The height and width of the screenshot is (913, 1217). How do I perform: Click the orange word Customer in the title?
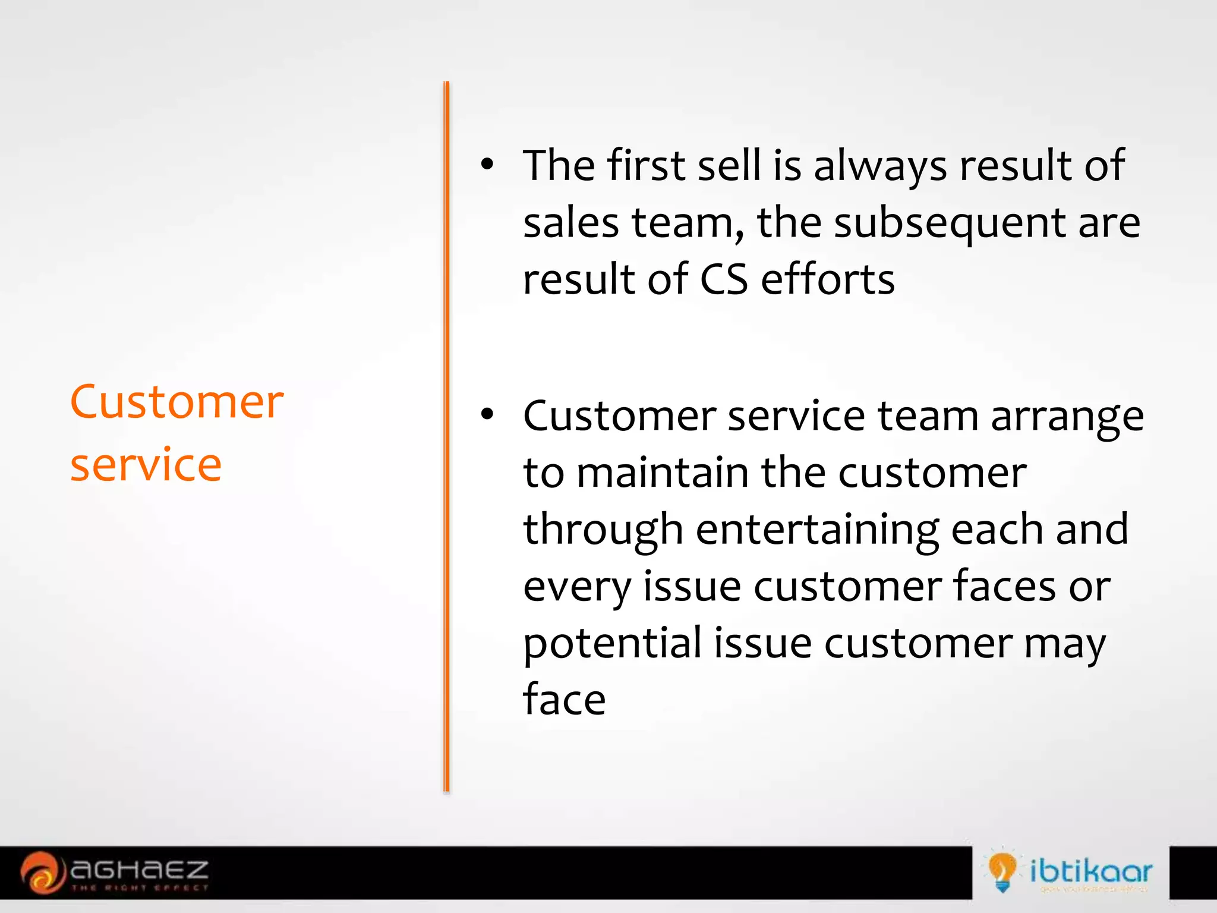click(176, 402)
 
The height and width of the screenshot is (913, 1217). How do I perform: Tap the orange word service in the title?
click(146, 465)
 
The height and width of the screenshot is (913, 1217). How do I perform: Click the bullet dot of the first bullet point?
click(487, 166)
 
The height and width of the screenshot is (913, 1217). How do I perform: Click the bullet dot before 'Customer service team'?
click(487, 415)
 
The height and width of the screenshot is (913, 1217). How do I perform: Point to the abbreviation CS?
click(723, 279)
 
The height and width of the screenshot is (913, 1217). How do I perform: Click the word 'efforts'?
click(827, 279)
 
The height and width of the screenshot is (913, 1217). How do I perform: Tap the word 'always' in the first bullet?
click(879, 166)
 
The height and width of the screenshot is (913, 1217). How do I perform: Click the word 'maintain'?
click(663, 473)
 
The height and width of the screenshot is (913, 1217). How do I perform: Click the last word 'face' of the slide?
click(564, 700)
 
